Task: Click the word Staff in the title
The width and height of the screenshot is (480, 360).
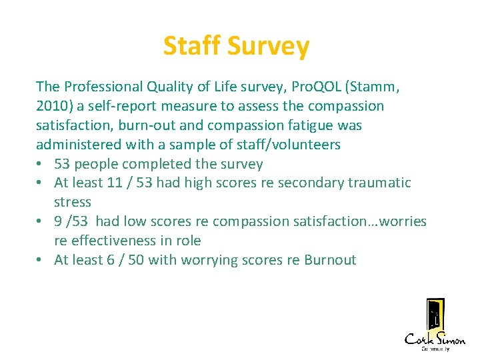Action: point(192,46)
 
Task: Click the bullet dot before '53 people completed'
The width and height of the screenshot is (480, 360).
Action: point(41,165)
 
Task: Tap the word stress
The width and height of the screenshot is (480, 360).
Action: point(72,202)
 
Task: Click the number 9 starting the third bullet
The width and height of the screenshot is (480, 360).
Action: point(58,221)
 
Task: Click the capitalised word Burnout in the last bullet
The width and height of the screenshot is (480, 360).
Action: point(330,260)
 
